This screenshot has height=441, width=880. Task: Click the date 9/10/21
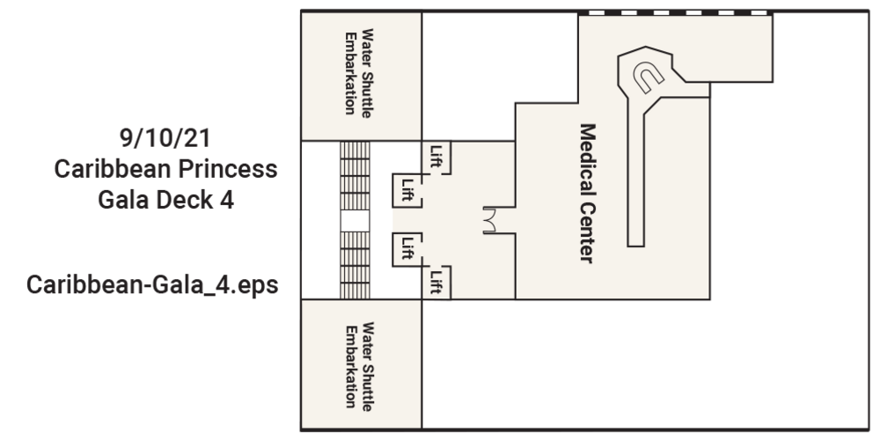(x=165, y=139)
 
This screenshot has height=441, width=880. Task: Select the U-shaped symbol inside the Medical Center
(x=649, y=77)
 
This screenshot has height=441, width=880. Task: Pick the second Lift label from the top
(x=407, y=188)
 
